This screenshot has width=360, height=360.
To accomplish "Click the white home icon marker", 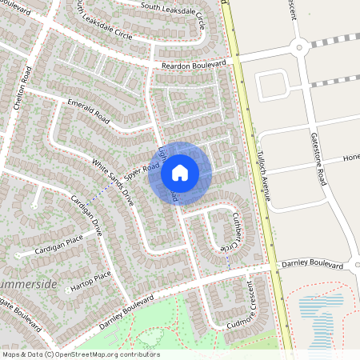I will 180,172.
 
